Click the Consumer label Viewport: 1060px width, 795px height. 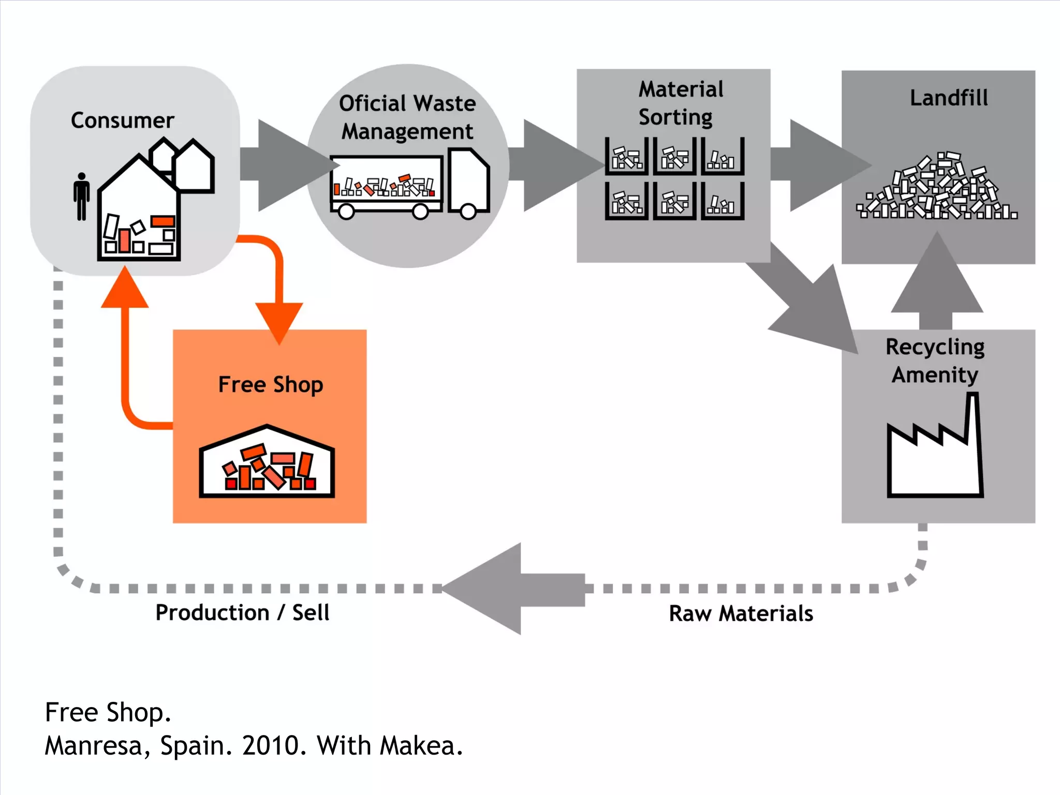click(122, 121)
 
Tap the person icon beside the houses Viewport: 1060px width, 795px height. click(81, 197)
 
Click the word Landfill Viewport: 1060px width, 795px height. click(949, 98)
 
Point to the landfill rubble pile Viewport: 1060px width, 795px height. click(937, 189)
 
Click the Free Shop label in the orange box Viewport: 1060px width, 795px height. click(270, 385)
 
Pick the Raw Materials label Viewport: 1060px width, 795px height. click(741, 613)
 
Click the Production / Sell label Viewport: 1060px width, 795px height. click(242, 612)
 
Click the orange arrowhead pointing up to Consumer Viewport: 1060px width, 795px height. click(125, 290)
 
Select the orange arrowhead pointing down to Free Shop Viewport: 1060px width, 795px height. click(279, 321)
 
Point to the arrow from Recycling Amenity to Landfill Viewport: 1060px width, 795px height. click(937, 282)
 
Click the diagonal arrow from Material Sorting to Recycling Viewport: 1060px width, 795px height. click(807, 300)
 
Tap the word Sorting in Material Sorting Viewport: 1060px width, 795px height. click(675, 117)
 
